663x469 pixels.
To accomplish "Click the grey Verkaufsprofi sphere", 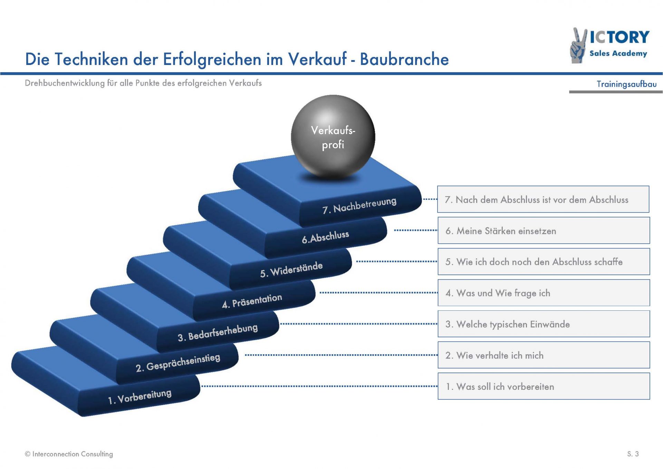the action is pyautogui.click(x=333, y=137).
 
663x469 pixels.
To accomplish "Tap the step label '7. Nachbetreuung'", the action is pyautogui.click(x=359, y=205).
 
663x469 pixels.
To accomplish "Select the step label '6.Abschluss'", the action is pyautogui.click(x=325, y=237).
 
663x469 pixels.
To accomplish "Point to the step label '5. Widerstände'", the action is pyautogui.click(x=291, y=270).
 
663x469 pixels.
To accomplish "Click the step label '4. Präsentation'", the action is pyautogui.click(x=252, y=301).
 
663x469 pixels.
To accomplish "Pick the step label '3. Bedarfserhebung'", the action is pyautogui.click(x=218, y=332).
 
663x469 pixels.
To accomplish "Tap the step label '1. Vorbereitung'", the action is pyautogui.click(x=140, y=396).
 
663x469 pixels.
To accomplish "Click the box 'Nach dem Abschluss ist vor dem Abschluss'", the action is pyautogui.click(x=543, y=199).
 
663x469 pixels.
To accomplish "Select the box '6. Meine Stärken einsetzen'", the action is pyautogui.click(x=544, y=231).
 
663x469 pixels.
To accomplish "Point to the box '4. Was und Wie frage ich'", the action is pyautogui.click(x=544, y=293).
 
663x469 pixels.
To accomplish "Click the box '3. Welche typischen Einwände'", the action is pyautogui.click(x=544, y=324).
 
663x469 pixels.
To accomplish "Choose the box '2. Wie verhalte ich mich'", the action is pyautogui.click(x=544, y=355).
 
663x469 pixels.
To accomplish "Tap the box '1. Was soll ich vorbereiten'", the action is pyautogui.click(x=544, y=386).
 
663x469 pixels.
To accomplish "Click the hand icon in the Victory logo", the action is pyautogui.click(x=578, y=46).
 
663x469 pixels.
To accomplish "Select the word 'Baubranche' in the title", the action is pyautogui.click(x=404, y=59).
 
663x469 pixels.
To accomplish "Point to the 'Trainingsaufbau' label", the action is pyautogui.click(x=626, y=84).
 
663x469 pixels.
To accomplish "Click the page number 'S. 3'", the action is pyautogui.click(x=633, y=454).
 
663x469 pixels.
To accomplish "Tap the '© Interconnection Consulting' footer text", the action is pyautogui.click(x=69, y=454).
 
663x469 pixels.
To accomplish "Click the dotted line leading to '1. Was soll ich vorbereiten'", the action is pyautogui.click(x=319, y=386).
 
